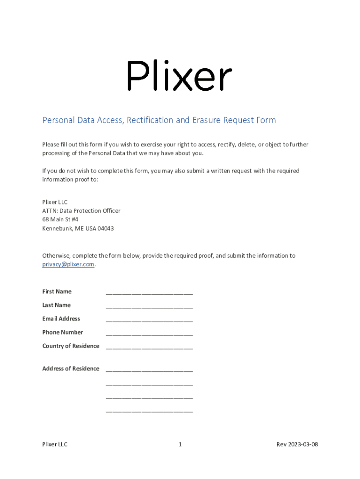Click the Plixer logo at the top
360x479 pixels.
click(x=180, y=76)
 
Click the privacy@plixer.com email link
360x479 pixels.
click(x=68, y=264)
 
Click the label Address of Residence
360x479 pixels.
click(x=71, y=369)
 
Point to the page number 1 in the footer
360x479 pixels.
click(x=180, y=444)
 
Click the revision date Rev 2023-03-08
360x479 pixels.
click(x=297, y=444)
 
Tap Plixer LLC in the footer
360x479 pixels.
click(x=55, y=444)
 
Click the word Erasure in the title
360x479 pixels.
click(x=206, y=120)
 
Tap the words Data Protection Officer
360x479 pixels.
click(x=90, y=211)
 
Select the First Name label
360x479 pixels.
click(x=57, y=291)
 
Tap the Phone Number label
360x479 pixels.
click(x=63, y=332)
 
